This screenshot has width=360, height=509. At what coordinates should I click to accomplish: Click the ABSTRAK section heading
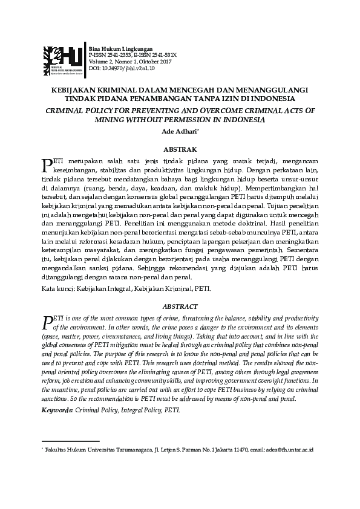click(x=180, y=148)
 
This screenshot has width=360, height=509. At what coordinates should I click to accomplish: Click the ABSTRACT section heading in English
click(x=180, y=306)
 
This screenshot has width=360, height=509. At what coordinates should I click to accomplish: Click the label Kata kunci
click(x=57, y=289)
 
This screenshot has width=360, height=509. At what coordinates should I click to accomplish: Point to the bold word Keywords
click(x=56, y=410)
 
